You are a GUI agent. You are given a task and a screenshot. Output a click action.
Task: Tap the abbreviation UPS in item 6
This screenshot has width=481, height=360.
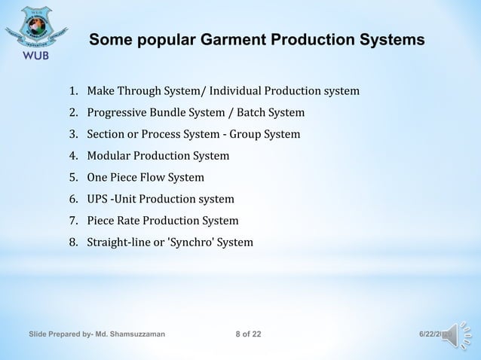(x=98, y=200)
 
